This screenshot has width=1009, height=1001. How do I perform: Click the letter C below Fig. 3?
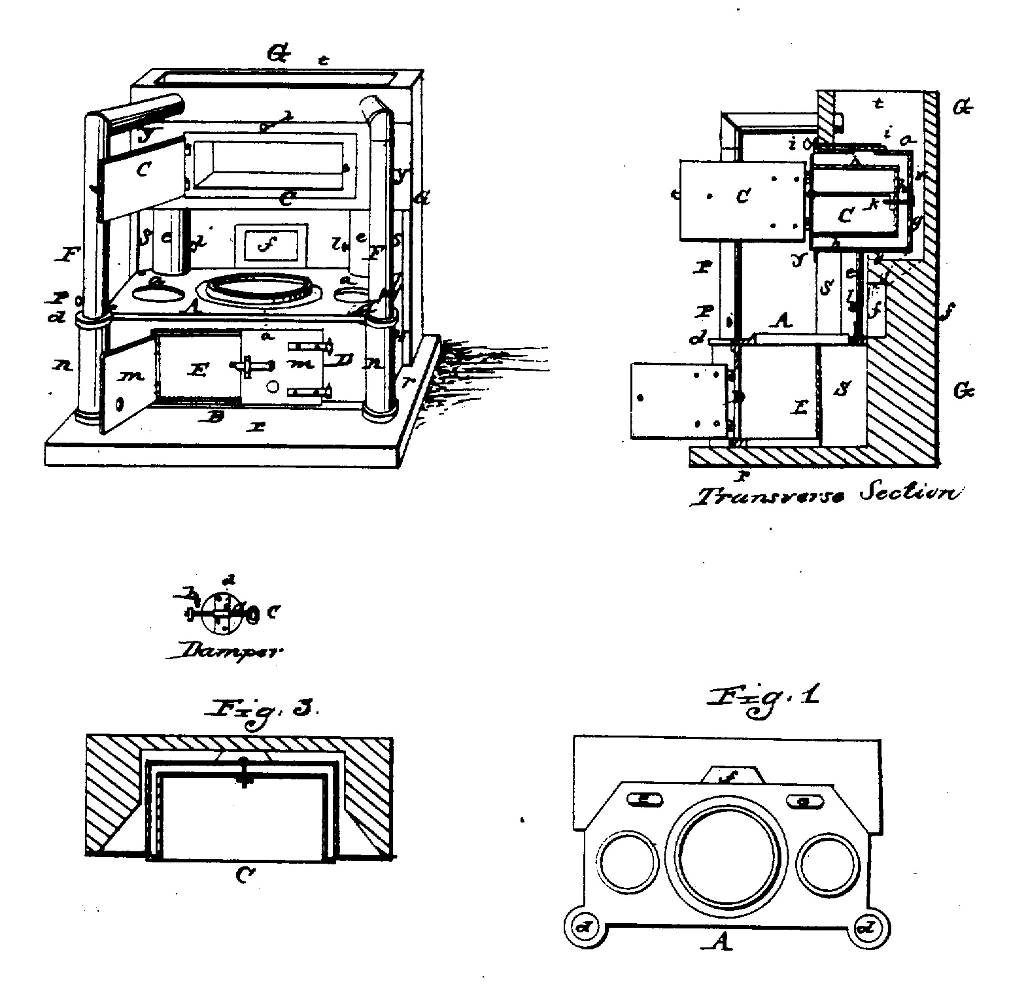243,876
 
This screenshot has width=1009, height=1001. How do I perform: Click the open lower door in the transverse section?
677,400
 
